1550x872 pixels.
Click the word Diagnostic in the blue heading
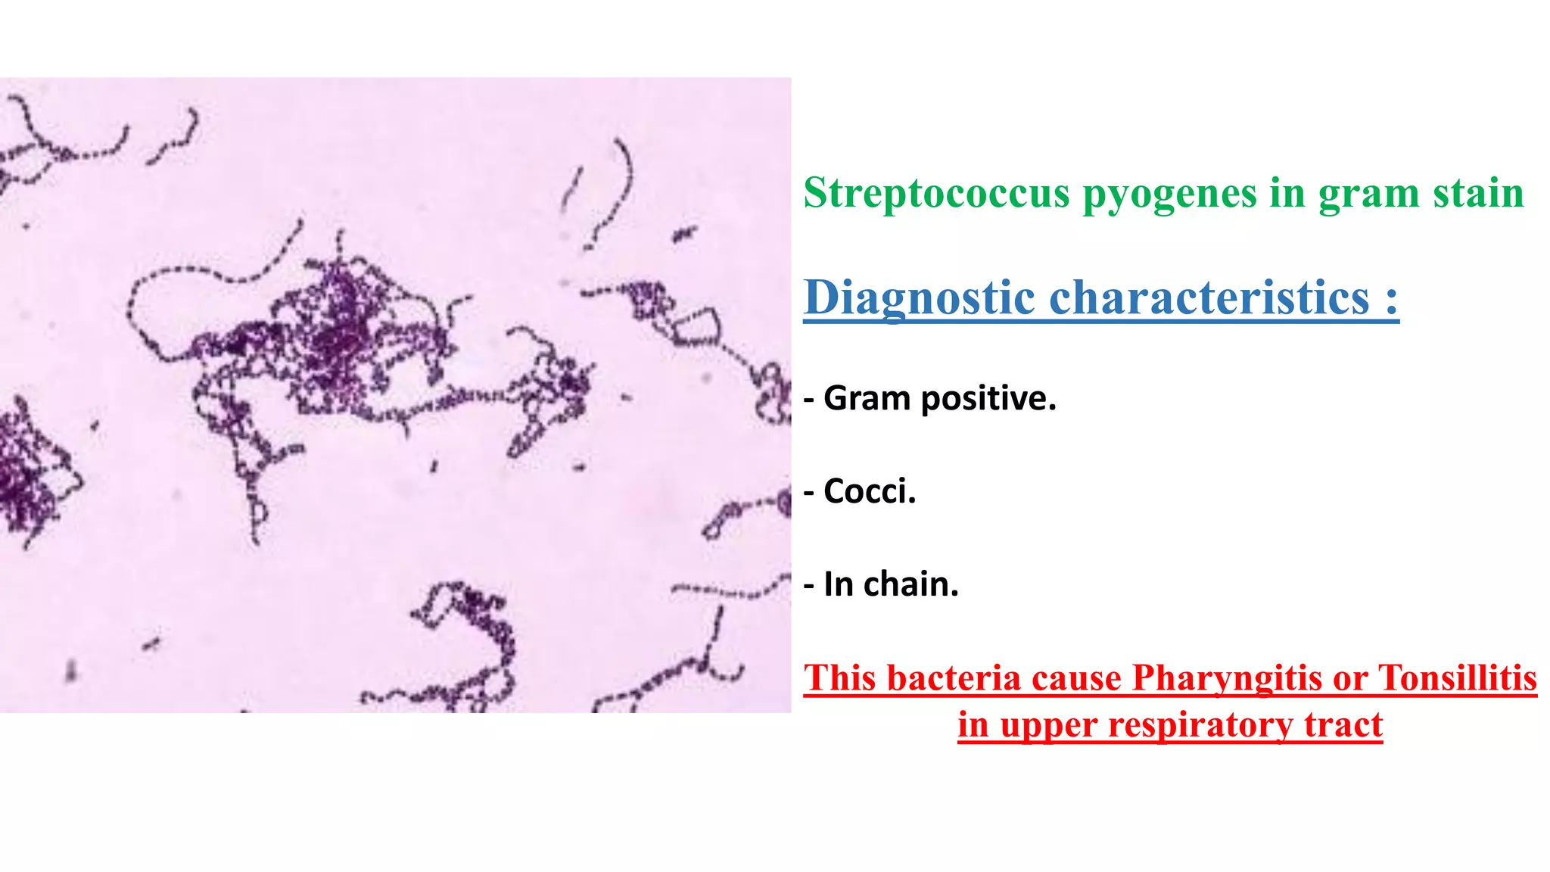919,297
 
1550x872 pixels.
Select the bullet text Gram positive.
938,398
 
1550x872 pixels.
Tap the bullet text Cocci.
869,491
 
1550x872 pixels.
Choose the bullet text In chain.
890,584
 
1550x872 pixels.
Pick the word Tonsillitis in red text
1457,677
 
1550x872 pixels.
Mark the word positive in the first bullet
988,398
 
